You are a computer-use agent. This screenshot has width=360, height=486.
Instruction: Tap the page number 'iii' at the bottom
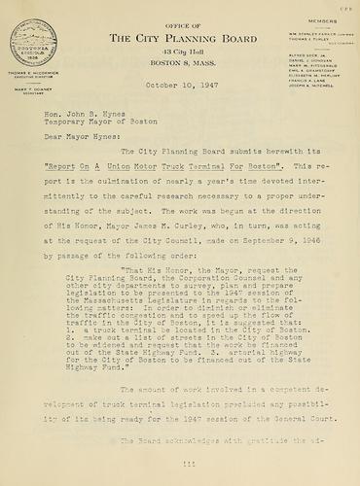[x=181, y=466]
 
